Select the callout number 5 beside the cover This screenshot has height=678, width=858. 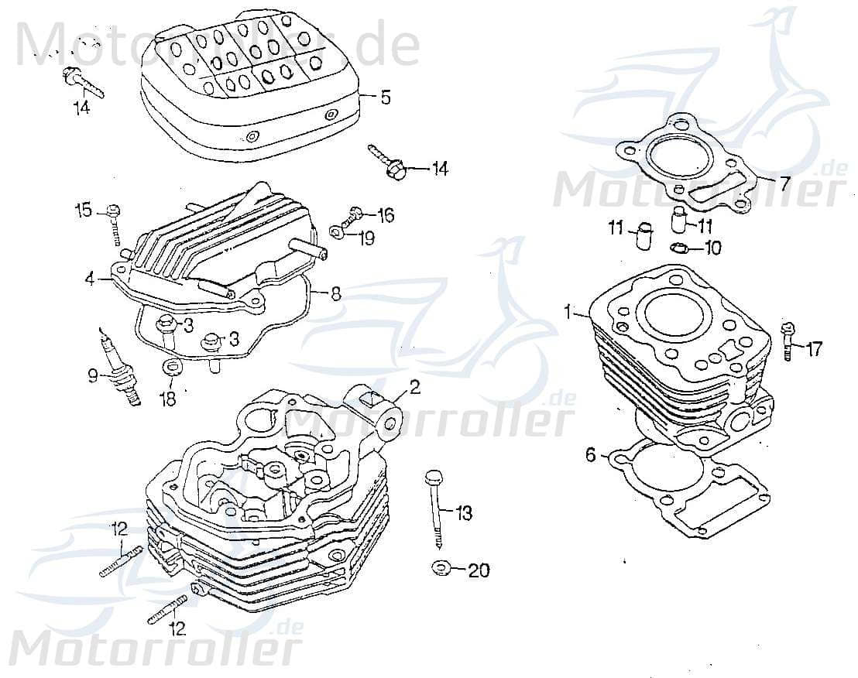tap(385, 98)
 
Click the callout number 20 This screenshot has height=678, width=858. tap(479, 570)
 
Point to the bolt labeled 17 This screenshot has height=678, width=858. tap(788, 341)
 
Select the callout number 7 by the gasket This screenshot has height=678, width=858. tap(784, 184)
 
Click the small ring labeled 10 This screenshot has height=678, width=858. tap(678, 248)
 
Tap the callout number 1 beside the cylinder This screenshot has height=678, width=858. tap(568, 313)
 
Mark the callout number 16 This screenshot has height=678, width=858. tap(385, 214)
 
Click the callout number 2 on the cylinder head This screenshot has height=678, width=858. tap(415, 387)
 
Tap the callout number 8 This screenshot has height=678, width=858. tap(335, 294)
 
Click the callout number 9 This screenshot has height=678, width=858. tap(93, 377)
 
